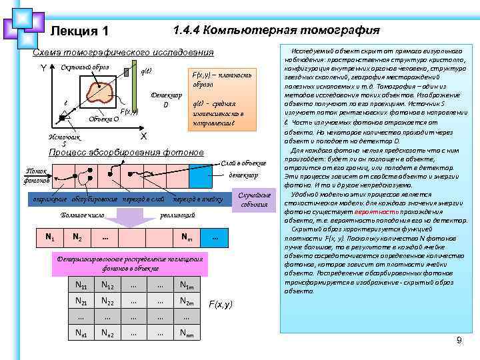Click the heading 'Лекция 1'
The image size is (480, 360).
pyautogui.click(x=79, y=31)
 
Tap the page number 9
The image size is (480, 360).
pyautogui.click(x=459, y=341)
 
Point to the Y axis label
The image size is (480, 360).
pyautogui.click(x=43, y=69)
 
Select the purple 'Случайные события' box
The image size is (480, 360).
pyautogui.click(x=254, y=199)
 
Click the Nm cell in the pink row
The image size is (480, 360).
pyautogui.click(x=189, y=238)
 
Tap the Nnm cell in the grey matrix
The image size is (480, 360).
pyautogui.click(x=187, y=333)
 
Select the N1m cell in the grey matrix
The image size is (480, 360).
pyautogui.click(x=187, y=286)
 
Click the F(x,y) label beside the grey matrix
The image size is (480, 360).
pyautogui.click(x=221, y=304)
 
